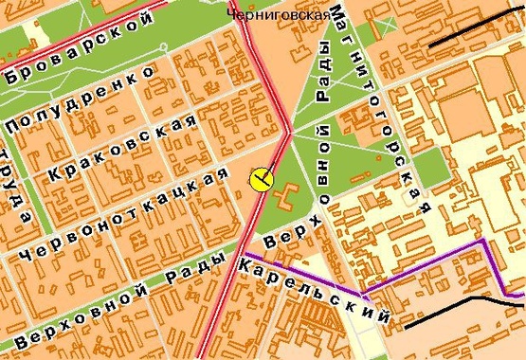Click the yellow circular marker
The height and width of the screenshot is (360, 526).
pyautogui.click(x=261, y=178)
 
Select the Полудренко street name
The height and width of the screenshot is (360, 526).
pyautogui.click(x=81, y=99)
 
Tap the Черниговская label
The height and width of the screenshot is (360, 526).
pyautogui.click(x=279, y=14)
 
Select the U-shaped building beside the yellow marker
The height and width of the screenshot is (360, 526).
pyautogui.click(x=285, y=200)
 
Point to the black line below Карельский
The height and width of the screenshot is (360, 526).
pyautogui.click(x=455, y=314)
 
